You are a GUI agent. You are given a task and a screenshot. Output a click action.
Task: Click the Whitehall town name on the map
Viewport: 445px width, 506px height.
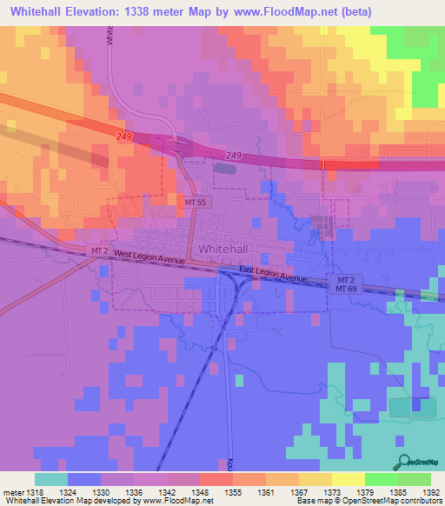click(227, 249)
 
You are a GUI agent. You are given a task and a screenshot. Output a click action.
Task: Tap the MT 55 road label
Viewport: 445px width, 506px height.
click(195, 202)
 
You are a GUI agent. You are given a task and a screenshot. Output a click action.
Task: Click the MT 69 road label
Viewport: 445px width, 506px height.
click(346, 288)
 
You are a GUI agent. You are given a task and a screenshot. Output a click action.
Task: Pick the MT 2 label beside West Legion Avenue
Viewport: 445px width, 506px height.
click(101, 250)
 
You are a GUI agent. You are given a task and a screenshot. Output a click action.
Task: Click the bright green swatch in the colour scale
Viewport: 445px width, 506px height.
click(381, 478)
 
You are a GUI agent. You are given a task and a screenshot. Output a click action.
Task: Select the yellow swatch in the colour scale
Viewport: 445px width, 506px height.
click(348, 478)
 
